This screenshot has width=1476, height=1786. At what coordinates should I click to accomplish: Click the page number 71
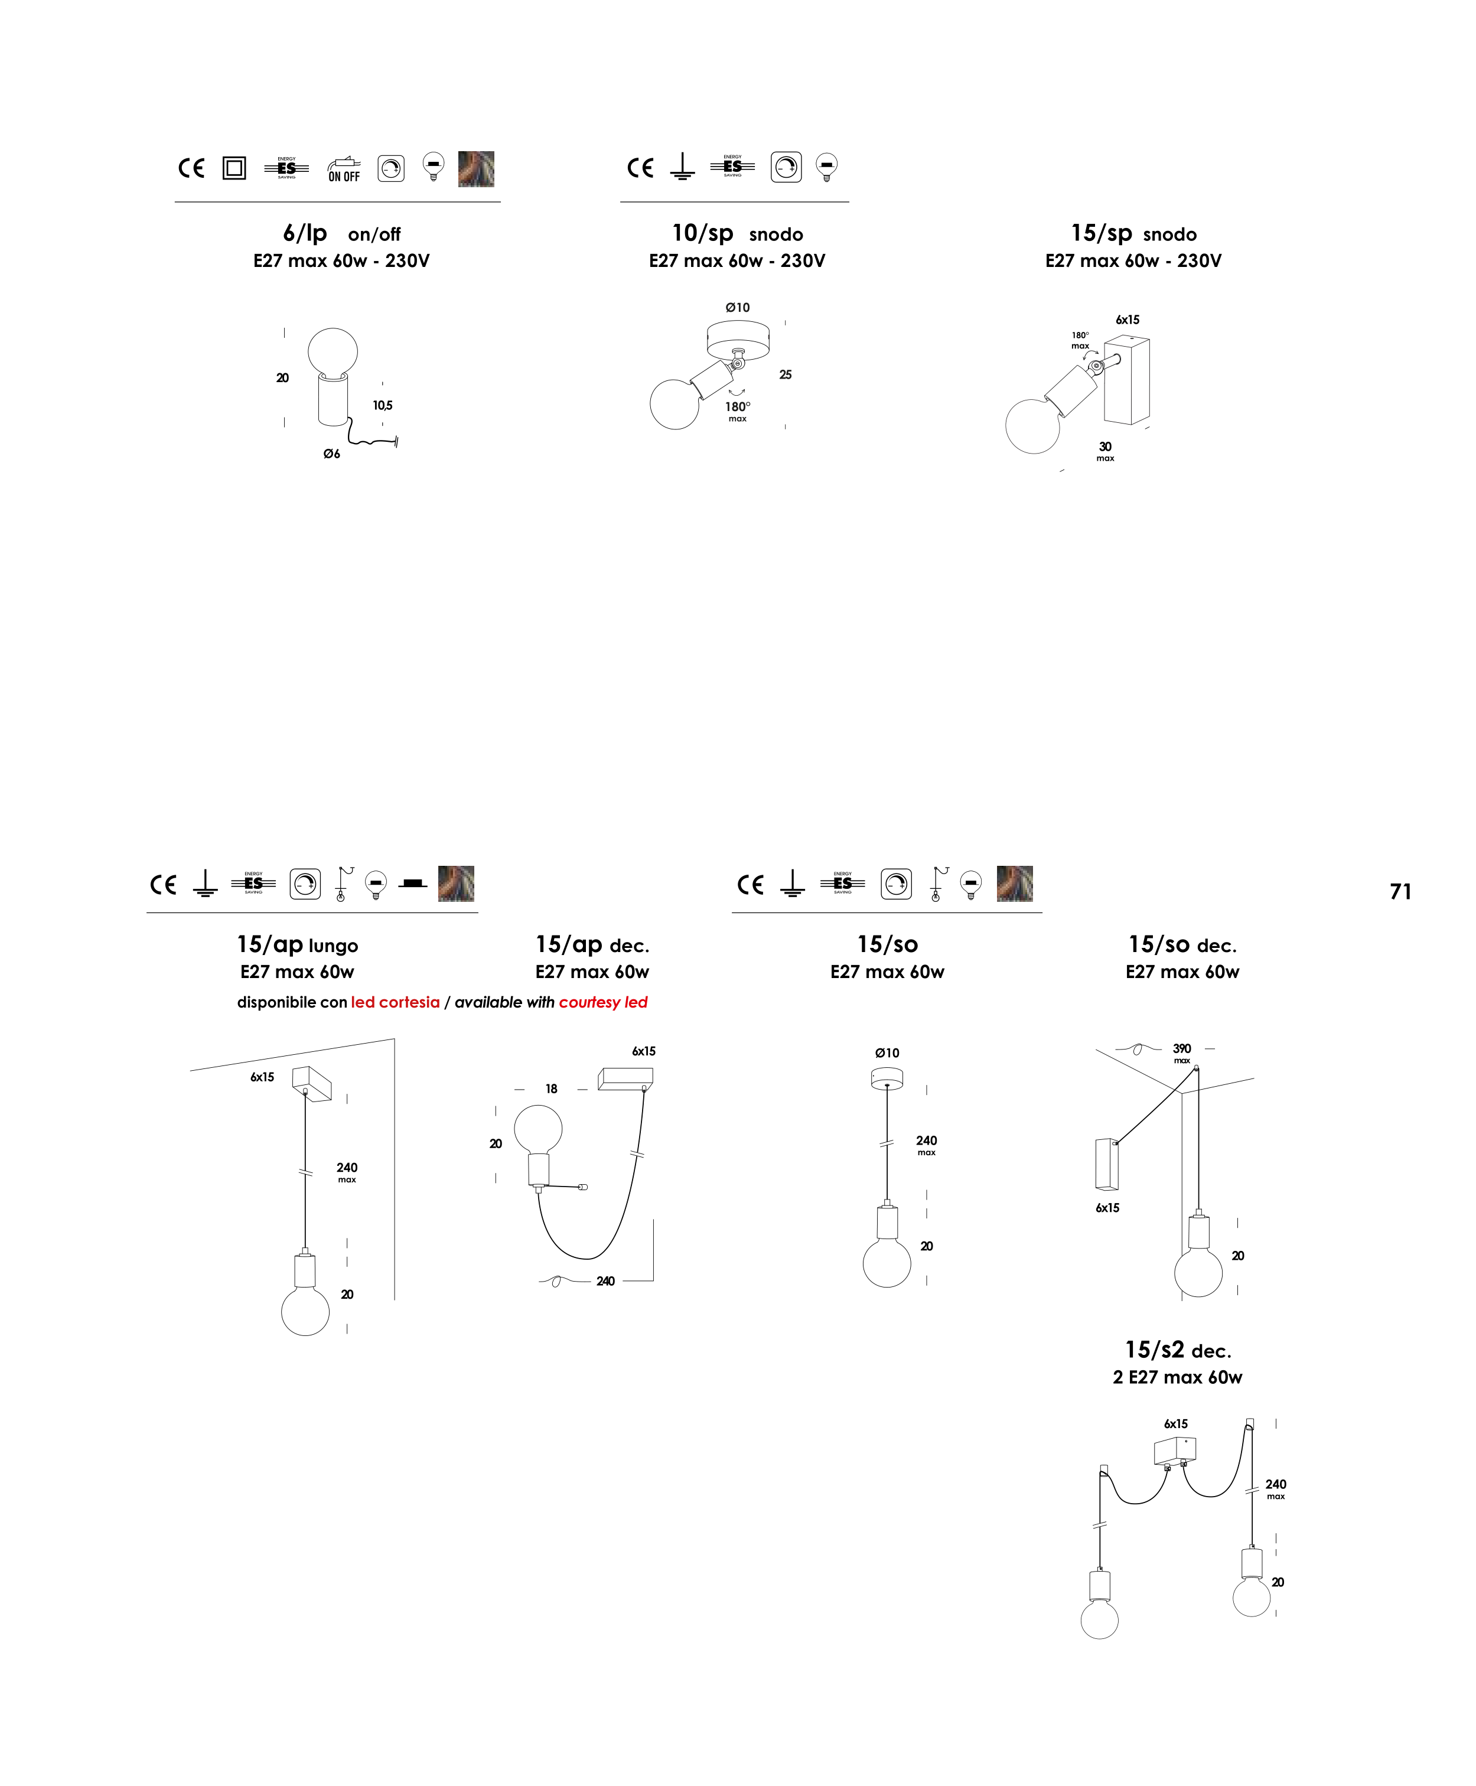1400,892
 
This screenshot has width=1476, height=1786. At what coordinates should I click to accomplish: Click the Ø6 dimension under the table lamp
331,454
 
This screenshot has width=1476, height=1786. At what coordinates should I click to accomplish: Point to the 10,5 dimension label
383,406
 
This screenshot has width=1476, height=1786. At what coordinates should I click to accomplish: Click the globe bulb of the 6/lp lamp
333,351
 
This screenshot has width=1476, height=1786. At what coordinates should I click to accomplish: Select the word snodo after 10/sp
776,234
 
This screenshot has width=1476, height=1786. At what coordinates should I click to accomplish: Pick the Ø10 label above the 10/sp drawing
737,308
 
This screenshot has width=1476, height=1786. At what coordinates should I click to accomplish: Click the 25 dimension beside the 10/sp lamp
786,375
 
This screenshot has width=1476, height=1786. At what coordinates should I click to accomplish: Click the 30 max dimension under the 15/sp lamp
1105,451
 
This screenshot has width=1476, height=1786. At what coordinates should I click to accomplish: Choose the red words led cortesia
395,1002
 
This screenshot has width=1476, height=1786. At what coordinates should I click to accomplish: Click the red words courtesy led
603,1002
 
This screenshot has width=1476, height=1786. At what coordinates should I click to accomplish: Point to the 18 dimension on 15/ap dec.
552,1089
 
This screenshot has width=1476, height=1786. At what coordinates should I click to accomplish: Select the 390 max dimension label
1182,1052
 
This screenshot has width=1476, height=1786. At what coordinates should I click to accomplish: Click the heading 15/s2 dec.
1178,1350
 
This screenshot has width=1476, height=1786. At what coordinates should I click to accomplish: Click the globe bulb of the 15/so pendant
887,1262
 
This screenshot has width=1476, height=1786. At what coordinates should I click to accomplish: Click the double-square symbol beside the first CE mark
234,168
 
